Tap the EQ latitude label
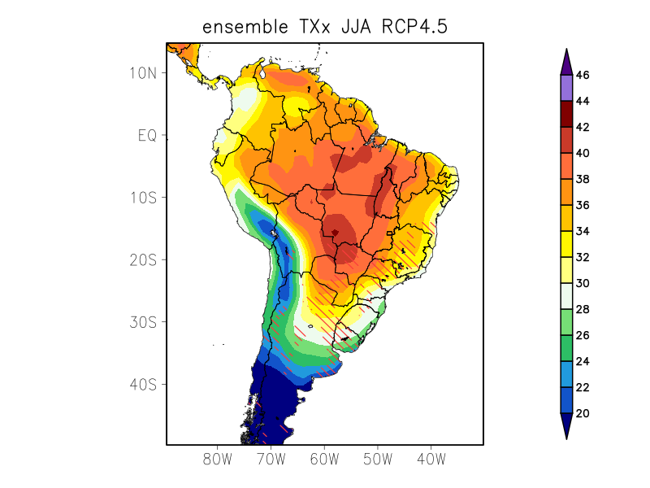147,135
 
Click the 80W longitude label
218,459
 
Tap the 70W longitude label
271,459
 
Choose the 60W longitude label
324,459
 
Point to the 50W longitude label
378,459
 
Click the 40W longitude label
431,459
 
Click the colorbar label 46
582,76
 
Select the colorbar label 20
582,413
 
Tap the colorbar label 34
582,231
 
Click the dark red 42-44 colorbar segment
565,114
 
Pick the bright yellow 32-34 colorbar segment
565,244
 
